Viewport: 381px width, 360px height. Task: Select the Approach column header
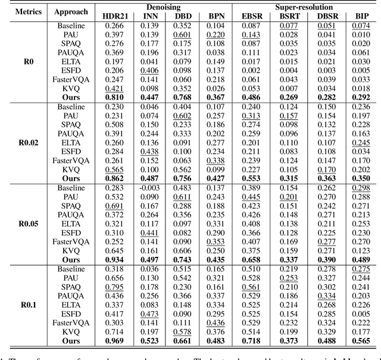(71, 11)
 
